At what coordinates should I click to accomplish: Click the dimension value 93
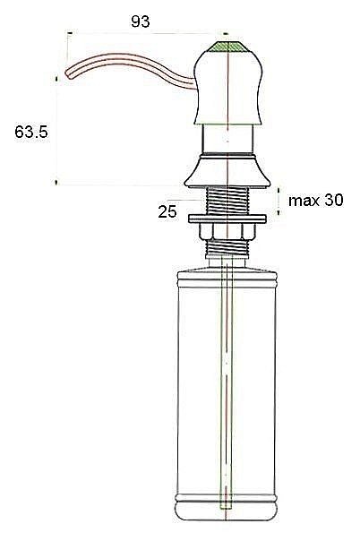(x=141, y=21)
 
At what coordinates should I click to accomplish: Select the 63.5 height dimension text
(x=31, y=132)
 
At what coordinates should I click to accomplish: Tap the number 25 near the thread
(x=167, y=211)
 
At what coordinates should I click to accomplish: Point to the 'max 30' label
(x=316, y=200)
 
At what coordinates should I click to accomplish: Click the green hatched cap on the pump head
(x=227, y=47)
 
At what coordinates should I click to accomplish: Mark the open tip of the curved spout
(x=68, y=74)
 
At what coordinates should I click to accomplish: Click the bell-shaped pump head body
(x=228, y=87)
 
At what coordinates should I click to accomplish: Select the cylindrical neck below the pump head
(x=228, y=138)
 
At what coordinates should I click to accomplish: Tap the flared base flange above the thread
(x=227, y=171)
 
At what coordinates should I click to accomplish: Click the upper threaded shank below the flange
(x=227, y=201)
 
